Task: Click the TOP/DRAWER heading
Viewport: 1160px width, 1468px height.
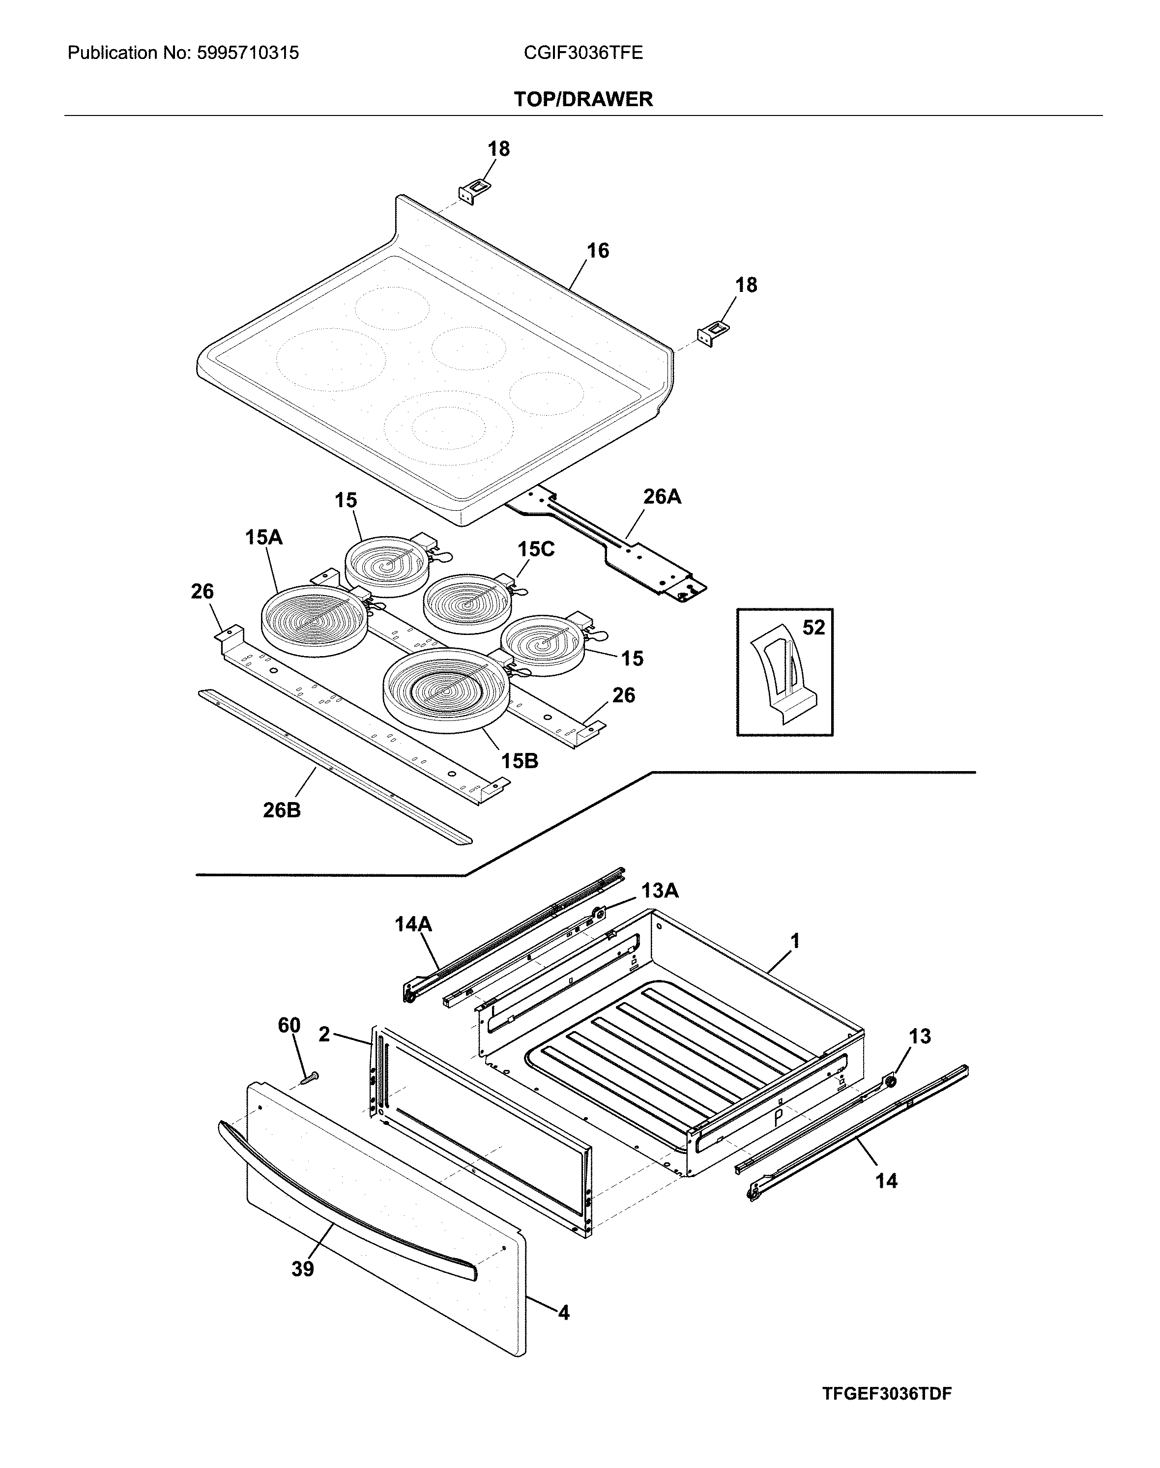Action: pos(583,99)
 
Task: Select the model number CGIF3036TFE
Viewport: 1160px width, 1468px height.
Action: pos(583,53)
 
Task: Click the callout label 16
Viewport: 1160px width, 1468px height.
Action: pos(598,251)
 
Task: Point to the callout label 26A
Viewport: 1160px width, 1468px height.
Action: pos(662,497)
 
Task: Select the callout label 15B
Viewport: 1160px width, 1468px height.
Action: pos(520,761)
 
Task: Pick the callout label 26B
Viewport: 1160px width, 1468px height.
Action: pos(282,810)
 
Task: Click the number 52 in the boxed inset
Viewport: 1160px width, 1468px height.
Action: pos(813,628)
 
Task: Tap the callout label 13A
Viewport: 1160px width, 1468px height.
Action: pos(660,890)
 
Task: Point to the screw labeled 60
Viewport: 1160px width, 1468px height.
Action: pos(312,1078)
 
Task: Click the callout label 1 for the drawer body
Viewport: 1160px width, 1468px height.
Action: pos(795,941)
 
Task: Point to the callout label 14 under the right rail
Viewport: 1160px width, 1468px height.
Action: pos(886,1181)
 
